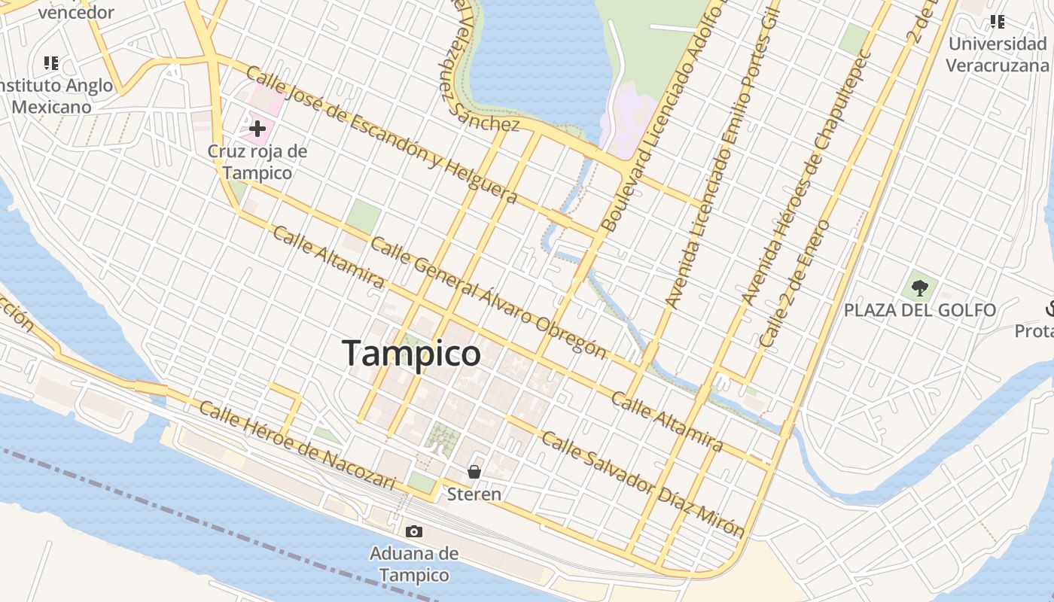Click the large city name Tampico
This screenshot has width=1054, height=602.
[x=411, y=353]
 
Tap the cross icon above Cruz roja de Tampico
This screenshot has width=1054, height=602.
[x=257, y=129]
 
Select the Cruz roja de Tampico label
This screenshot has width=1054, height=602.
[x=257, y=162]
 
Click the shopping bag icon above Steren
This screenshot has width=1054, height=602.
[x=474, y=472]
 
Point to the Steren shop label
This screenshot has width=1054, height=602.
[x=474, y=494]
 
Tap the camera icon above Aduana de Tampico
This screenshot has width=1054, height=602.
[x=413, y=532]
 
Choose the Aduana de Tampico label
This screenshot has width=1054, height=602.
[x=413, y=564]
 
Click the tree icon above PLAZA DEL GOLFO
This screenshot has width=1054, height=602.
[x=919, y=287]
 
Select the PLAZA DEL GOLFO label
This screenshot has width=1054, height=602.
[x=919, y=310]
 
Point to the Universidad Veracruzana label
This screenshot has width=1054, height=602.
[x=997, y=54]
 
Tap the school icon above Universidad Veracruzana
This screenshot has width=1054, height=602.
[x=998, y=22]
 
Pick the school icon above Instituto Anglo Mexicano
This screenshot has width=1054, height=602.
[x=51, y=62]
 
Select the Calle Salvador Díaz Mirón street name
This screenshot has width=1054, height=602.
[x=643, y=485]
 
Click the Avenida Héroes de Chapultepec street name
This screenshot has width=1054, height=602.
[x=806, y=177]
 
